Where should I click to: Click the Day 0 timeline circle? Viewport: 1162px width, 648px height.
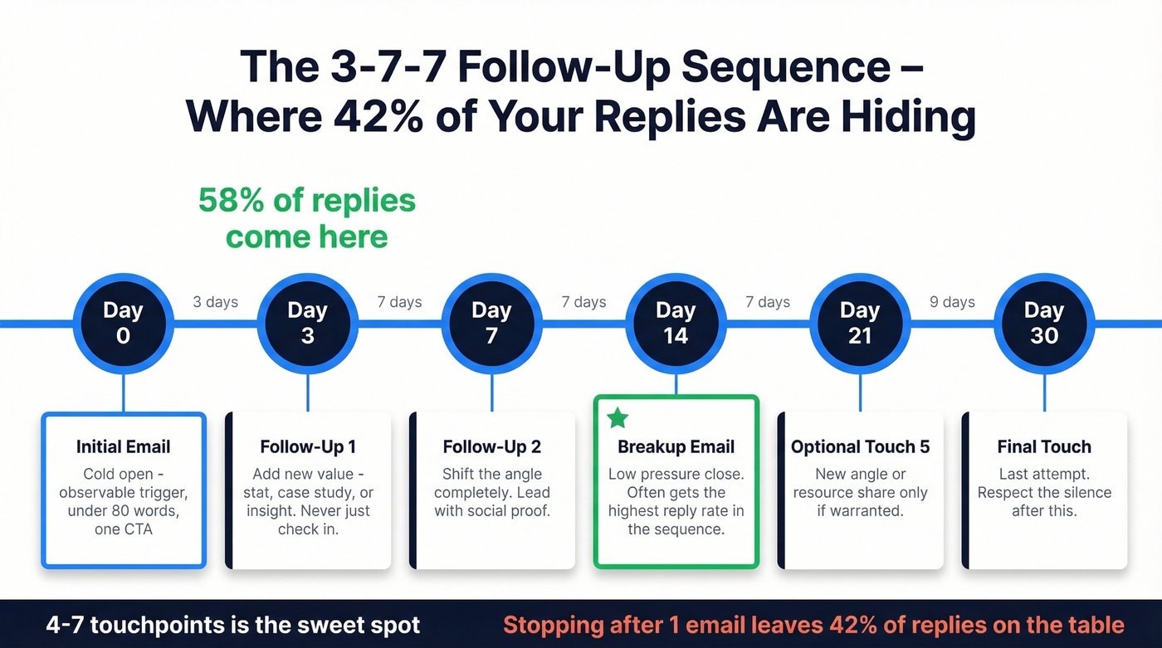(x=123, y=323)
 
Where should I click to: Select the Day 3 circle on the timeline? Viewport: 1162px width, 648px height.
(x=307, y=323)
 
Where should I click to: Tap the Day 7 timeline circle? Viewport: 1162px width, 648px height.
(x=491, y=323)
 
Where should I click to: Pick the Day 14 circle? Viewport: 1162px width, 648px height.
(x=676, y=323)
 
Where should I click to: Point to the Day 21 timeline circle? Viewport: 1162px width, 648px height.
(x=860, y=323)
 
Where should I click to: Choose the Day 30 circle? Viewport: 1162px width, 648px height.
(x=1044, y=323)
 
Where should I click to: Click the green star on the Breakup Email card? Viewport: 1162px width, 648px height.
(x=618, y=417)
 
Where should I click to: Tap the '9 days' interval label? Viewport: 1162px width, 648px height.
(x=952, y=302)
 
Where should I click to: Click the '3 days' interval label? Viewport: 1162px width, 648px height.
(x=216, y=302)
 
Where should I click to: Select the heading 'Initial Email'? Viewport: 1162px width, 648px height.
(x=123, y=447)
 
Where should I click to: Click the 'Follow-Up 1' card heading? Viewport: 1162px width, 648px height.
(x=307, y=447)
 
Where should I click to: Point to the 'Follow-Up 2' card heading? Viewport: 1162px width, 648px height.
(x=491, y=447)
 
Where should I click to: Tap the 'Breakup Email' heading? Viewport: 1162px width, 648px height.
(x=676, y=447)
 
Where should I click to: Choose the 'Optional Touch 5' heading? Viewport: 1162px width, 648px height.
(x=860, y=447)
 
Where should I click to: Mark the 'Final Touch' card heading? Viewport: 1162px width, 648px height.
(x=1044, y=447)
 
